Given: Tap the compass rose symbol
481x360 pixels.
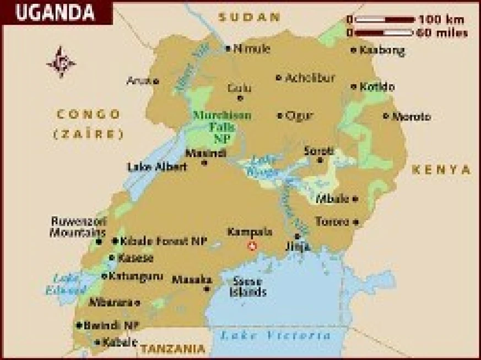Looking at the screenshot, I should coord(61,62).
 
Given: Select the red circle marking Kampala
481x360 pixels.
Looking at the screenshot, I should coord(253,246).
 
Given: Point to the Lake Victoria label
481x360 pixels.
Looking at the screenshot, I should coord(275,335).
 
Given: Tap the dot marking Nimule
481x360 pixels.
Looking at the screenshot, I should coord(228,48).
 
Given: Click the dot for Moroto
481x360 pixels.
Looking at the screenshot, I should coord(386,116).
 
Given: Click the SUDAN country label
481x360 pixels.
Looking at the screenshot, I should coord(250,17).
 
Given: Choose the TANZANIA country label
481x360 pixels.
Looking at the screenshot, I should coord(172,348).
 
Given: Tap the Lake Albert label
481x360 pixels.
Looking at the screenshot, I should coord(157,167).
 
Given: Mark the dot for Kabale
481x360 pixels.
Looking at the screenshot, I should coord(98,342).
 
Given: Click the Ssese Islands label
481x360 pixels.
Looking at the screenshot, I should coord(249,286).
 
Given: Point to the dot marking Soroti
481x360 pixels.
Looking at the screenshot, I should coord(320,160).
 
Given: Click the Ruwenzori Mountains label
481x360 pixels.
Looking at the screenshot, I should coord(79,227).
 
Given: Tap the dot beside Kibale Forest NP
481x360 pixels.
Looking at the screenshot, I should coord(115,241).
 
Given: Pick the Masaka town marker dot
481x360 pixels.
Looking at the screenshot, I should coord(207,288).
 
